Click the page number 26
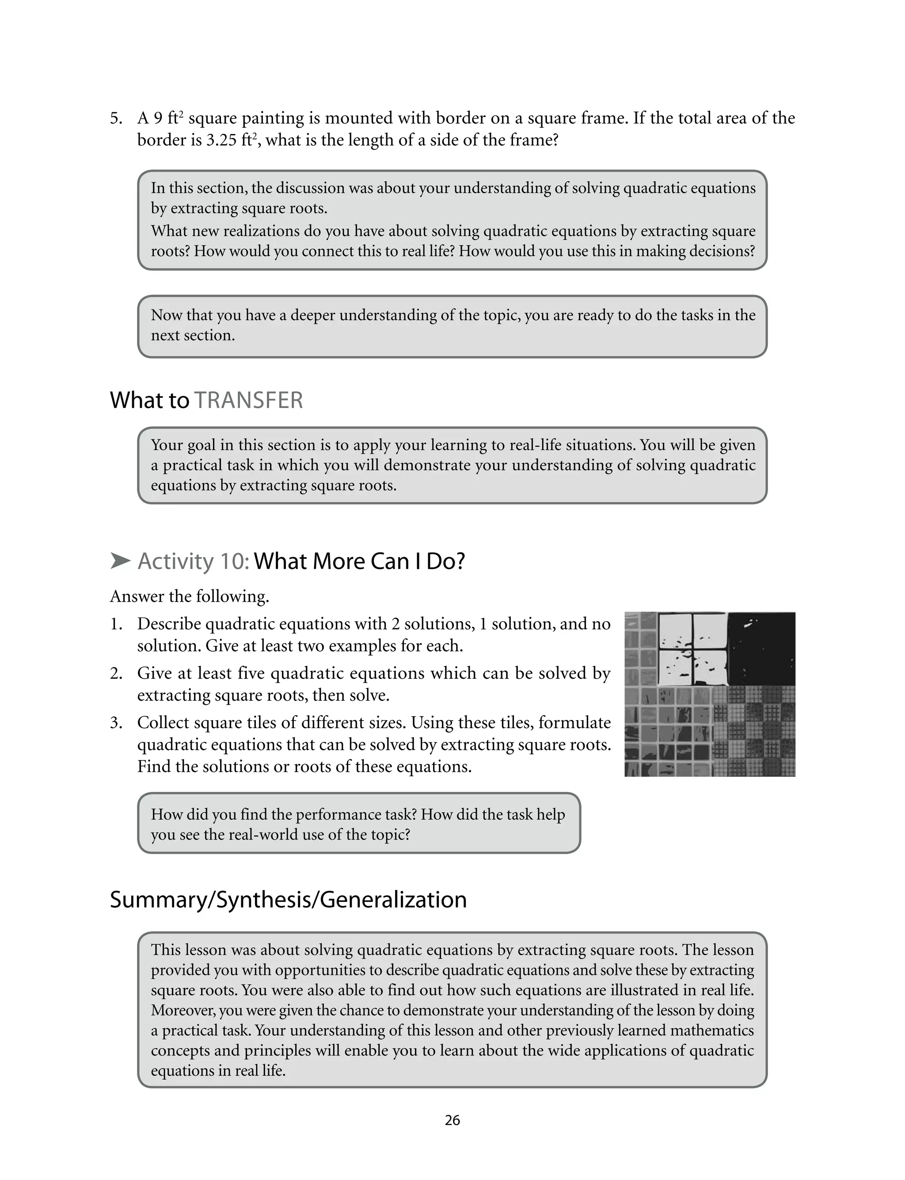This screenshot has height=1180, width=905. [x=452, y=1120]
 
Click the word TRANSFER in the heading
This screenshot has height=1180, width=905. [x=248, y=401]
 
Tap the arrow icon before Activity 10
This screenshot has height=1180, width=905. [x=120, y=561]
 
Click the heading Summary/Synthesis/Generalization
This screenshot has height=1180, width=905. [x=288, y=899]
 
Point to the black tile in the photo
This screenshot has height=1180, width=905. [x=761, y=648]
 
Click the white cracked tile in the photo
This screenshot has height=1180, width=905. [x=692, y=648]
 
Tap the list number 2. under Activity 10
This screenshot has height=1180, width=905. [x=116, y=673]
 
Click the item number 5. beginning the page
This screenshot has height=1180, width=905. [x=116, y=118]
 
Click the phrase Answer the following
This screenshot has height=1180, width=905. [x=189, y=596]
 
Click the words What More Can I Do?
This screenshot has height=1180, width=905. [x=359, y=561]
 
